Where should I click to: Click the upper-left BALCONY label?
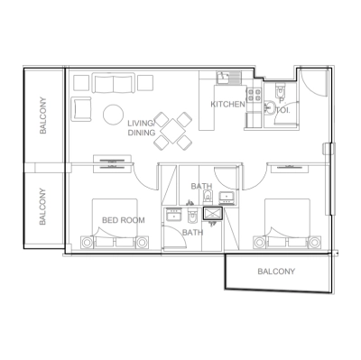(43, 116)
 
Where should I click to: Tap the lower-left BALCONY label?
(43, 208)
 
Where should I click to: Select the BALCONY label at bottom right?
(275, 272)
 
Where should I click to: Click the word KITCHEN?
(227, 106)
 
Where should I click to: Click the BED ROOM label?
(123, 219)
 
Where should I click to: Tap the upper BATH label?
(201, 187)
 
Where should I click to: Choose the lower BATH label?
(192, 233)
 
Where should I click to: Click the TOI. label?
(282, 110)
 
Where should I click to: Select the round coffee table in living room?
(114, 115)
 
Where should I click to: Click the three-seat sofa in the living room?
(113, 83)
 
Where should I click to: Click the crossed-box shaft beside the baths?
(214, 215)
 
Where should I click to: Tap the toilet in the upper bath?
(208, 197)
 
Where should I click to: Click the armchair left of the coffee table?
(81, 109)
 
